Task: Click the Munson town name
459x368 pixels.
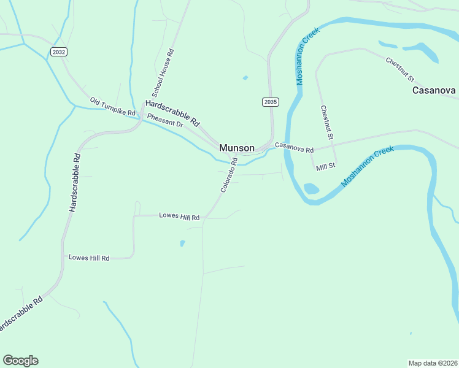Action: (237, 148)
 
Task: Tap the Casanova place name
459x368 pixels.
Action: (434, 90)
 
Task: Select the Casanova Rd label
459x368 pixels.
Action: (294, 147)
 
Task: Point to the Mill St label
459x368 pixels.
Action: (325, 166)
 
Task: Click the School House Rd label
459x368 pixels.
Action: (164, 74)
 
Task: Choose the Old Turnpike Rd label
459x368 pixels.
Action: (112, 107)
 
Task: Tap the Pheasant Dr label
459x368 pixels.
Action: (166, 120)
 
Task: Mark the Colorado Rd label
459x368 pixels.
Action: (229, 175)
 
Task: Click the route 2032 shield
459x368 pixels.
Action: (59, 52)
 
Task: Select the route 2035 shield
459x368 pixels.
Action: (270, 102)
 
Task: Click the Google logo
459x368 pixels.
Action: (20, 361)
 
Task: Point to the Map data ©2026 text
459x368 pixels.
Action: (433, 362)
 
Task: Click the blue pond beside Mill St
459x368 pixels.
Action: (311, 188)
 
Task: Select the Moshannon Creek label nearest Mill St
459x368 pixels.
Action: (367, 166)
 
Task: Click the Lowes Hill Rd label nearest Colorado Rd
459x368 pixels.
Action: (179, 217)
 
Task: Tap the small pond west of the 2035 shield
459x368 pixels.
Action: (245, 78)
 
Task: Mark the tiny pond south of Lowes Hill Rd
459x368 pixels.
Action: (182, 243)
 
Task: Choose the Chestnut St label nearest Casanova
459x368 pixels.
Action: (400, 70)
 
